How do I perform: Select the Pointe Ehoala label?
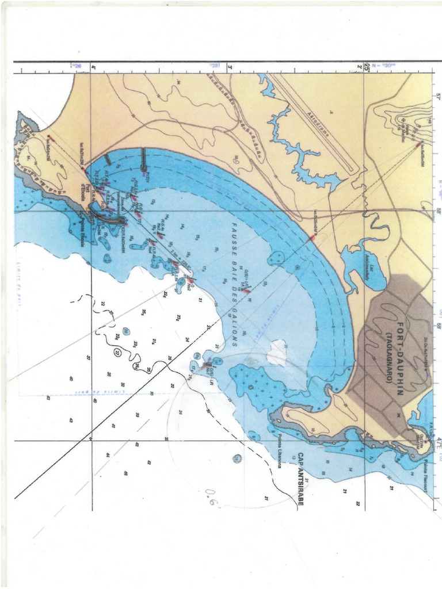click(x=81, y=234)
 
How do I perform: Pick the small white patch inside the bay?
click(x=277, y=351)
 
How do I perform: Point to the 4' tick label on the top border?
click(x=93, y=68)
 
